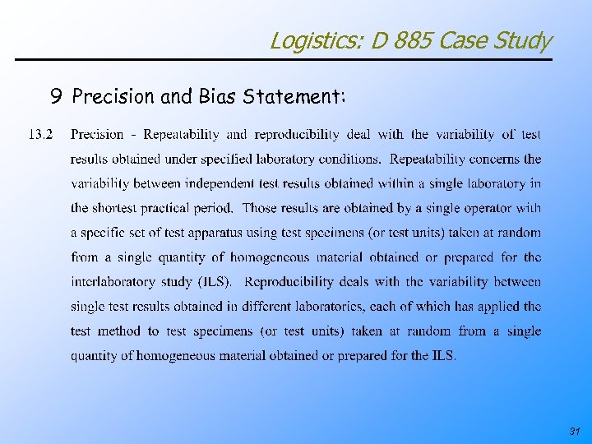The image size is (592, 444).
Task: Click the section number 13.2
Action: pos(41,134)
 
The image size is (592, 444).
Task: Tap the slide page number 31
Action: pos(573,431)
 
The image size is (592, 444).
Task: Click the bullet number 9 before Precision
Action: pos(55,97)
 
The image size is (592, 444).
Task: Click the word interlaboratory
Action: pos(113,282)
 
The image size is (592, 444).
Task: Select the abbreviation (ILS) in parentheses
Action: pos(214,282)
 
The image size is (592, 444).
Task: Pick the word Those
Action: pos(260,208)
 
